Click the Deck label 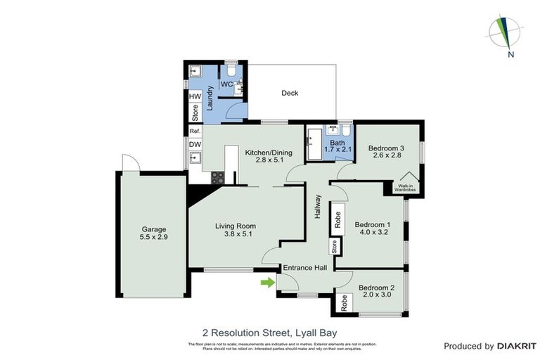click(290, 93)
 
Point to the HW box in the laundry click(195, 96)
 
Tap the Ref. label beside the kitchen click(195, 131)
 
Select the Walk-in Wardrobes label click(406, 188)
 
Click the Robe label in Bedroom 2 click(345, 303)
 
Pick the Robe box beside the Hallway click(338, 219)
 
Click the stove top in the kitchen click(217, 178)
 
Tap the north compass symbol click(505, 31)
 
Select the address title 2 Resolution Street click(269, 330)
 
